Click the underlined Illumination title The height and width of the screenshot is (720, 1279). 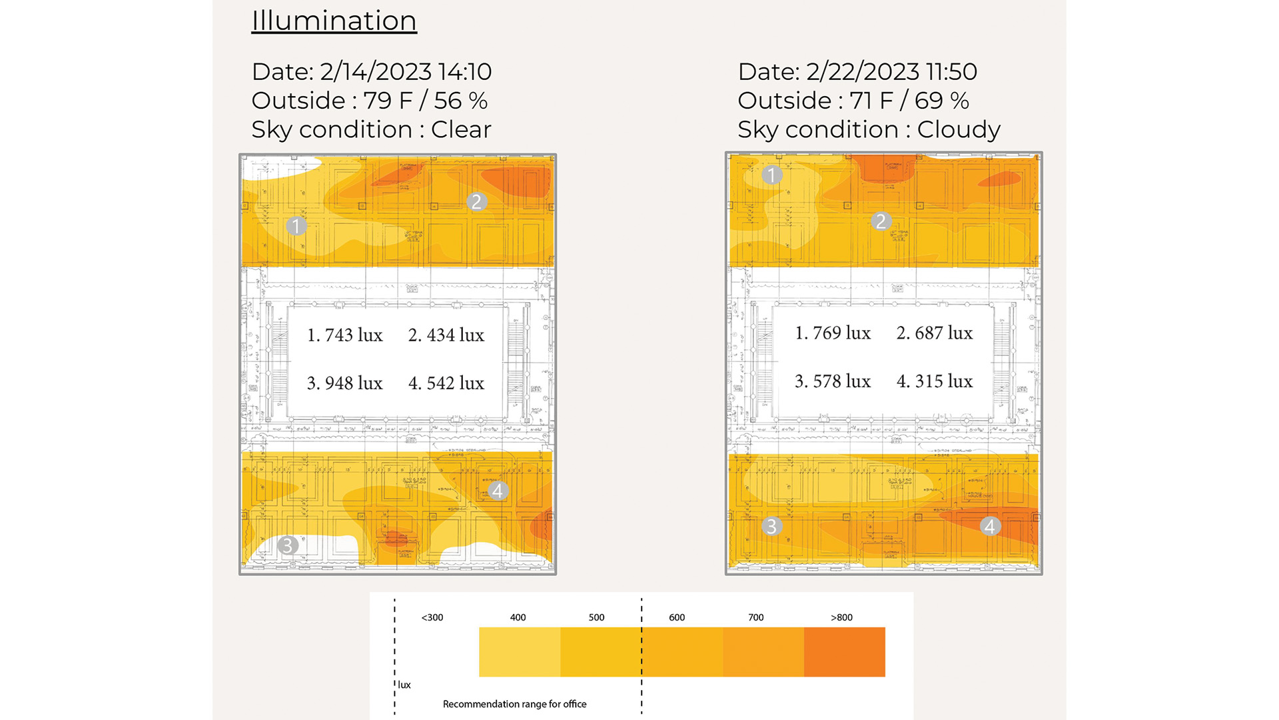click(334, 21)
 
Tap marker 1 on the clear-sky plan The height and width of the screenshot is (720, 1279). click(296, 226)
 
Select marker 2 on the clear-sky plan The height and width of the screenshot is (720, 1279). click(476, 202)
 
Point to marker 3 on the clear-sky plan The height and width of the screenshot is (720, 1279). click(287, 545)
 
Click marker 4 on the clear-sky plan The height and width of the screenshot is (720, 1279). click(498, 491)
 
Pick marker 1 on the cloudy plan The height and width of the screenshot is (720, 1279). click(771, 175)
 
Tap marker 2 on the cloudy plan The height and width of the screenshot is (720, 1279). click(881, 221)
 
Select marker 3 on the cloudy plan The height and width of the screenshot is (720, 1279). click(771, 527)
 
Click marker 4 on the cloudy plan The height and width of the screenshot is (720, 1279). click(990, 527)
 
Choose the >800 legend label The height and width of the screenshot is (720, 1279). click(841, 617)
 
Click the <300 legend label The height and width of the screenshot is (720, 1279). click(432, 617)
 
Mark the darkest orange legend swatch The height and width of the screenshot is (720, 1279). click(844, 652)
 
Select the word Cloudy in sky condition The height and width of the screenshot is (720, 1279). click(959, 129)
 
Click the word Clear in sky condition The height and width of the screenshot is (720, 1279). click(461, 129)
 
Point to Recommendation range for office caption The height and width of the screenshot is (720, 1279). click(514, 704)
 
